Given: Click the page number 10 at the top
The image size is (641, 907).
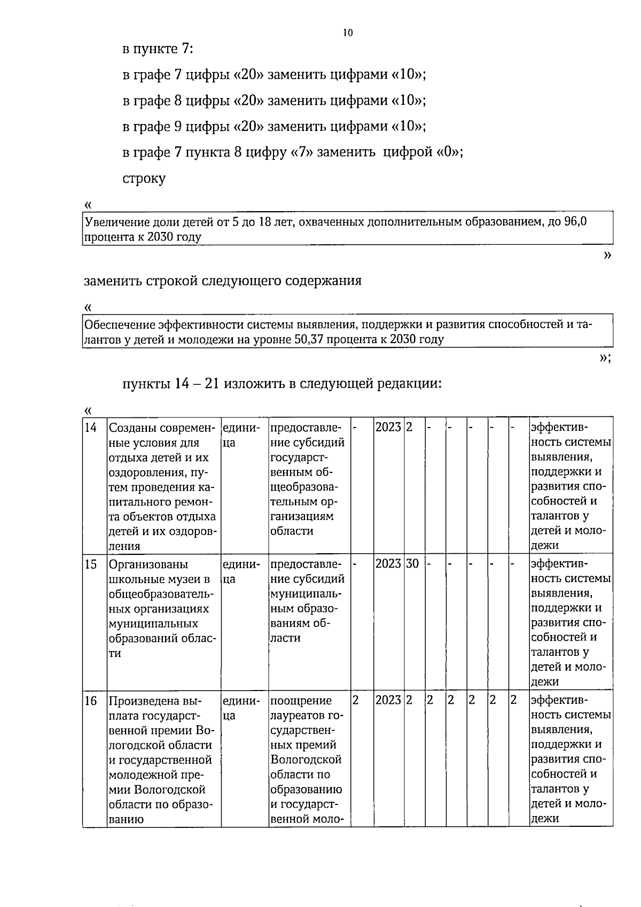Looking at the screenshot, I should [x=348, y=33].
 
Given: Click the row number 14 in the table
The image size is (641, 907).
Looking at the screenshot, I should [x=91, y=428].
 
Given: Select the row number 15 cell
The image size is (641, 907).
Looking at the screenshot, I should [x=91, y=564].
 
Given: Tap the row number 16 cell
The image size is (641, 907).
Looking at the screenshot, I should [x=91, y=700].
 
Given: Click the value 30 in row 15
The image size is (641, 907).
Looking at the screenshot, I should [x=412, y=564].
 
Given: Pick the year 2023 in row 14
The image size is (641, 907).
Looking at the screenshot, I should [x=388, y=428].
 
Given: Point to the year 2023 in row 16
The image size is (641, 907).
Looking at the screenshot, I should [x=388, y=700].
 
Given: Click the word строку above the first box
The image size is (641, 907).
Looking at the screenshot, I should [x=144, y=179].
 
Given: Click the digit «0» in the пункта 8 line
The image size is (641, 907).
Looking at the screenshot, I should [x=449, y=152].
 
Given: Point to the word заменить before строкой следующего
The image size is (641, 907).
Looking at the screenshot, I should [x=112, y=281].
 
